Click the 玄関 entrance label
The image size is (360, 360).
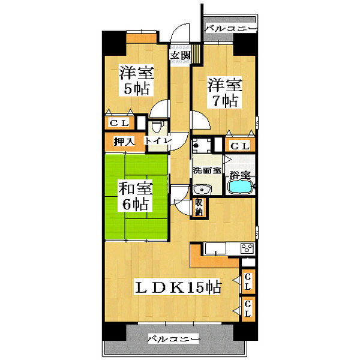point(181,55)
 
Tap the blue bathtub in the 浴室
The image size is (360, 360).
point(240,187)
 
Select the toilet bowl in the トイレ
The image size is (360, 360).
point(157,127)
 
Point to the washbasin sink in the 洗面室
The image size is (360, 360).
point(202,190)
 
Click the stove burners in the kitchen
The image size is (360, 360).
point(247,248)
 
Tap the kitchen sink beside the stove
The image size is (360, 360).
point(215,248)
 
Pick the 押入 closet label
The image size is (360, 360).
point(124,142)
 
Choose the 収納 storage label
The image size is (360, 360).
point(199,208)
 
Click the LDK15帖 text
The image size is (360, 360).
point(178,287)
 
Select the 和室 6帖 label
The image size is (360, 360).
point(136,196)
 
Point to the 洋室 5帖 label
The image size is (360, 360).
point(137,80)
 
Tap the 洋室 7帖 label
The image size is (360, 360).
point(225,92)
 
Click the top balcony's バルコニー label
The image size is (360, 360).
point(230,28)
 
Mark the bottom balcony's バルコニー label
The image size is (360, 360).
point(173,339)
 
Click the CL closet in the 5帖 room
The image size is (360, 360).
point(119,123)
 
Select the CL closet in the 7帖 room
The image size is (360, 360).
point(240,146)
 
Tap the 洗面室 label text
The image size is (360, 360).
point(207,170)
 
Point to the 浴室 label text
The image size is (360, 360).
point(240,175)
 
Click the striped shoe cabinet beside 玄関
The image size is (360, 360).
point(196,54)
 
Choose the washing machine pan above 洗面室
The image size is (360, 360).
point(202,145)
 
